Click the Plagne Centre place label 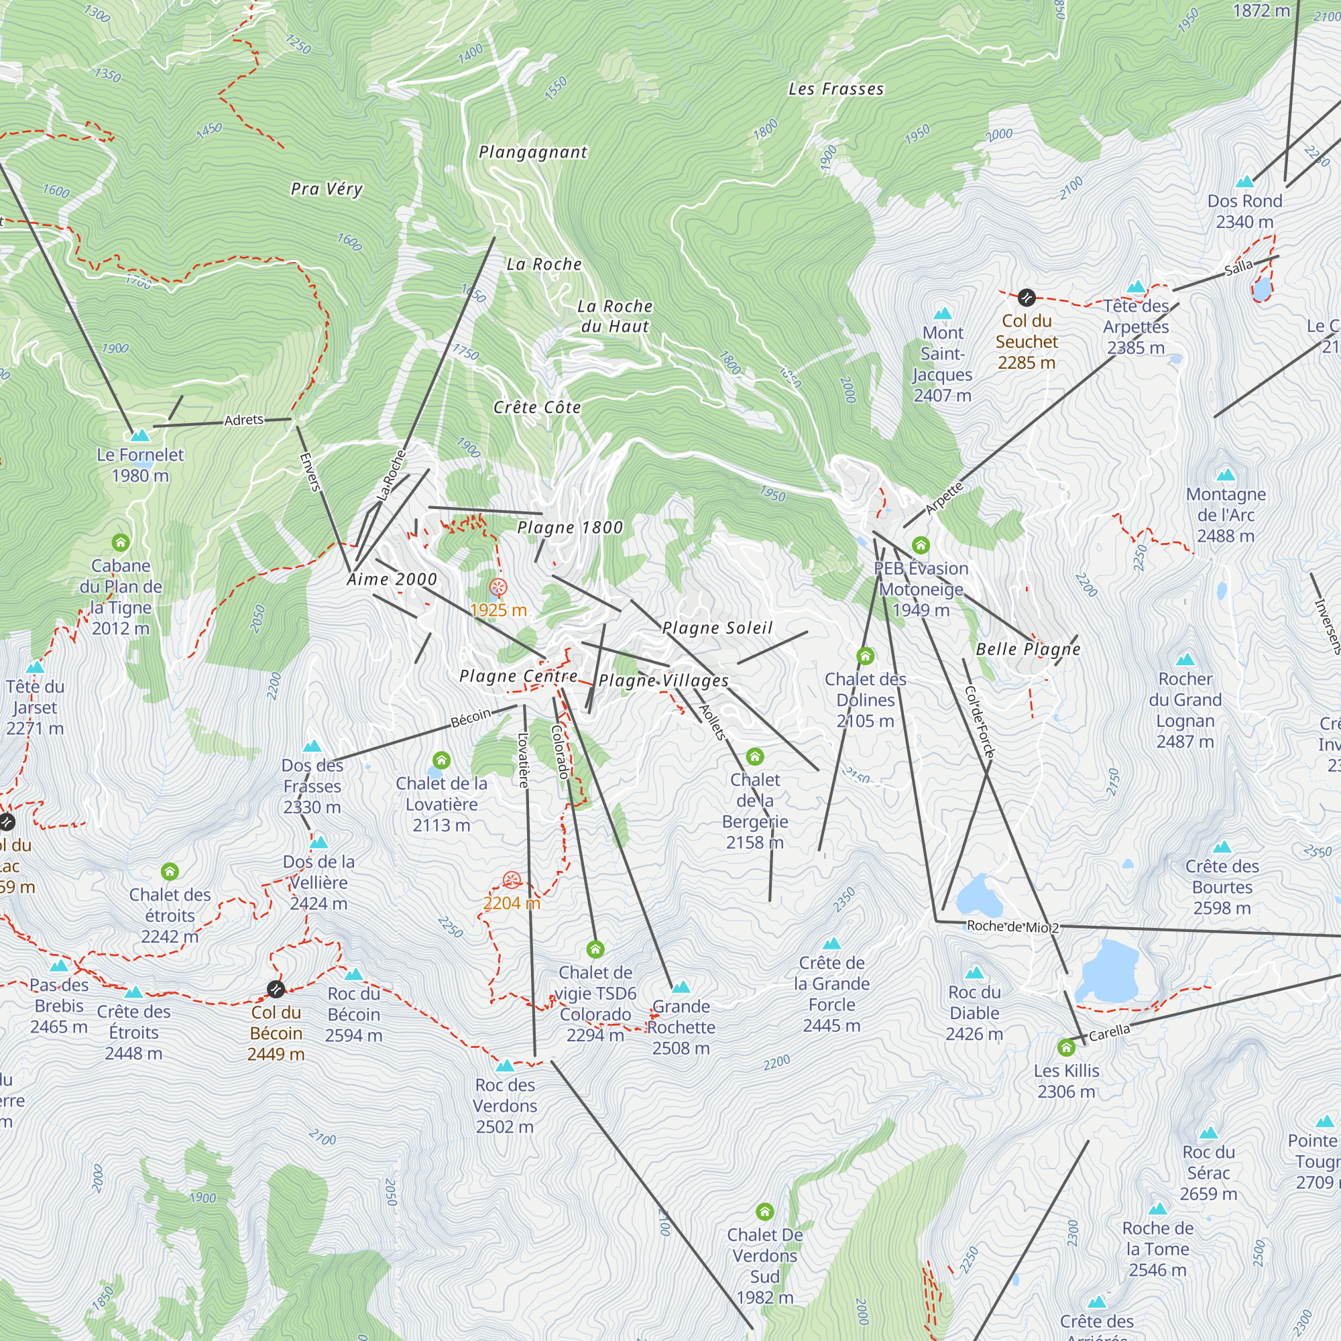point(518,676)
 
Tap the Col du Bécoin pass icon point(276,988)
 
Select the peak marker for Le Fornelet point(140,436)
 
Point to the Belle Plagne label point(1028,649)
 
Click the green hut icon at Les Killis point(1066,1047)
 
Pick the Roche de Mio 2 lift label point(1012,927)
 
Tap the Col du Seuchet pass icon point(1027,298)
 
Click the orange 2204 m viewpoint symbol point(512,880)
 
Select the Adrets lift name point(243,420)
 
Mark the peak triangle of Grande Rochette point(681,987)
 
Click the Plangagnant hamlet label point(533,152)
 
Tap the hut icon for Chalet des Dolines point(865,655)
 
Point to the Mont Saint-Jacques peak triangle point(943,313)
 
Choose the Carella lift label point(1109,1033)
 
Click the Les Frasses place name point(835,89)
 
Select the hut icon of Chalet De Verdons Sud point(764,1211)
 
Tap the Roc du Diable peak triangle point(974,973)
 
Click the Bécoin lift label point(471,718)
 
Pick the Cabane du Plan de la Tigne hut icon point(121,542)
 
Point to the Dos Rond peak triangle point(1244,182)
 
